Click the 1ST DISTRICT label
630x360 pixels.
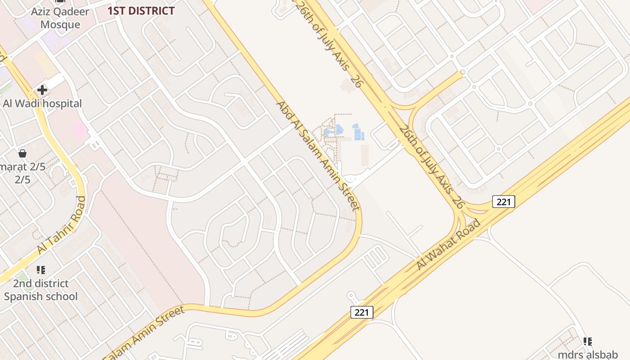tap(141, 11)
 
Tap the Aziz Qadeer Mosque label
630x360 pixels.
tap(60, 18)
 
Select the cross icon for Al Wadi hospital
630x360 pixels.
tap(42, 90)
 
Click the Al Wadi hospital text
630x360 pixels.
tap(42, 103)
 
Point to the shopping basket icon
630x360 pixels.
tap(22, 154)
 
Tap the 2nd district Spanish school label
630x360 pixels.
tap(40, 290)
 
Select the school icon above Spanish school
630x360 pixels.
tap(41, 270)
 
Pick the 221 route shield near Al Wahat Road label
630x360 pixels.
tap(504, 202)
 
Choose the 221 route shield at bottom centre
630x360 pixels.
tap(362, 312)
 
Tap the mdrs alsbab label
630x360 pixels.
tap(588, 354)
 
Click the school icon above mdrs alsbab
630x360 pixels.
tap(588, 342)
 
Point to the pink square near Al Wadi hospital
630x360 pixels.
tap(80, 130)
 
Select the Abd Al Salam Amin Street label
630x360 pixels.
tap(318, 155)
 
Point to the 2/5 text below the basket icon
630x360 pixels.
tap(22, 180)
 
